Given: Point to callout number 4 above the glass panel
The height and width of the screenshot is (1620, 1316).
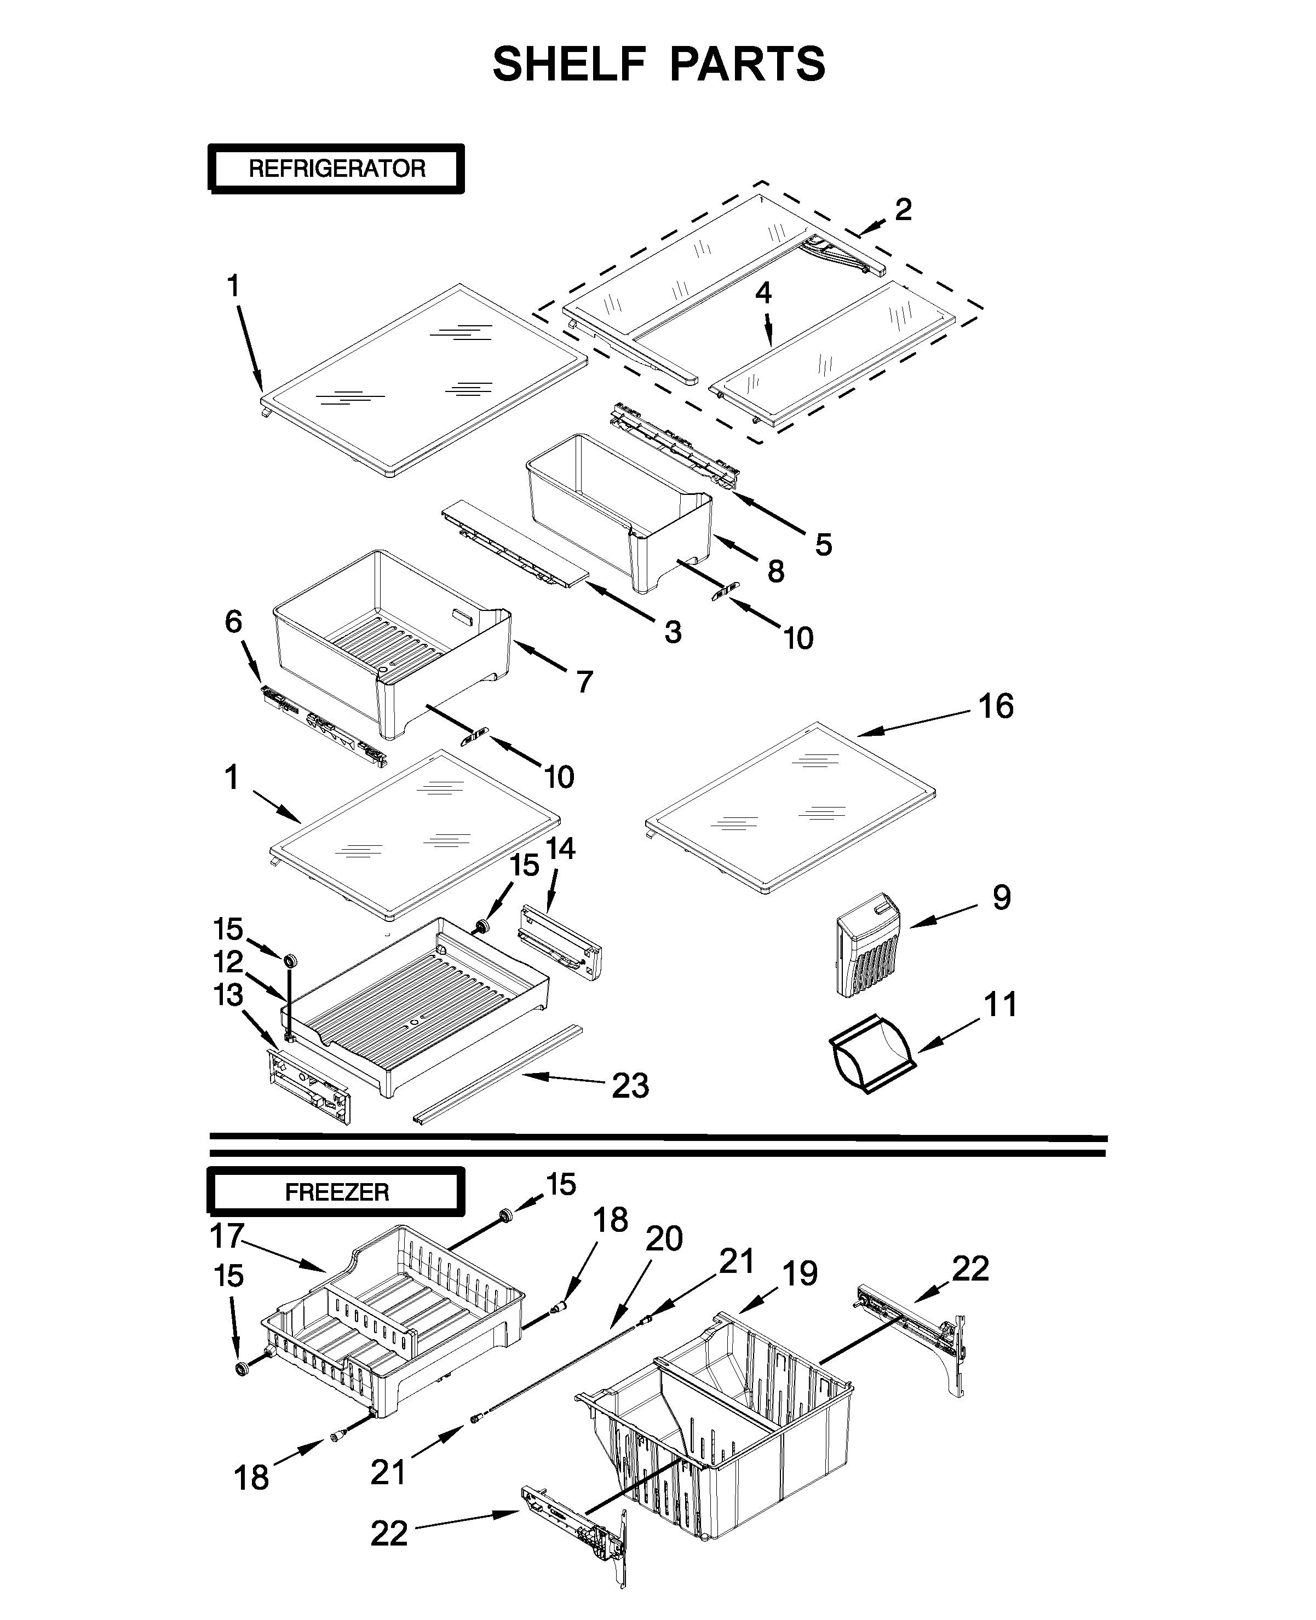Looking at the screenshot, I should (x=763, y=292).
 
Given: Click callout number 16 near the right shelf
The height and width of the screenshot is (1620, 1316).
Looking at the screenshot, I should (x=995, y=706).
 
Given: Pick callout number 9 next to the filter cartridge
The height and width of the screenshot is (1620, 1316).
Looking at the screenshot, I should (x=1002, y=897).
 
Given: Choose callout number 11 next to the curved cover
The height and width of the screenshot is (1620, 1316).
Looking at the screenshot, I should (x=1000, y=1005).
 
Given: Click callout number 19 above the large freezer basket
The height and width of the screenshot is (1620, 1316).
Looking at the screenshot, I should (x=800, y=1274).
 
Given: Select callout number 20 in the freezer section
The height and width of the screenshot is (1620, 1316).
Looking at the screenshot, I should (x=664, y=1238).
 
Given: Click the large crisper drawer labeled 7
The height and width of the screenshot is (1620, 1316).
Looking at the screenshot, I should (x=394, y=644).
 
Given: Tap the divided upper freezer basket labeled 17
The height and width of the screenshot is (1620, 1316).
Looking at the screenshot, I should (x=394, y=1326).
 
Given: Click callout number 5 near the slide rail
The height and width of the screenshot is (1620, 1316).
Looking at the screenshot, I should (x=823, y=544).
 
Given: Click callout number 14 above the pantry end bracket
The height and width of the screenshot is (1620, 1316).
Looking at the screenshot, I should (x=560, y=849).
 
